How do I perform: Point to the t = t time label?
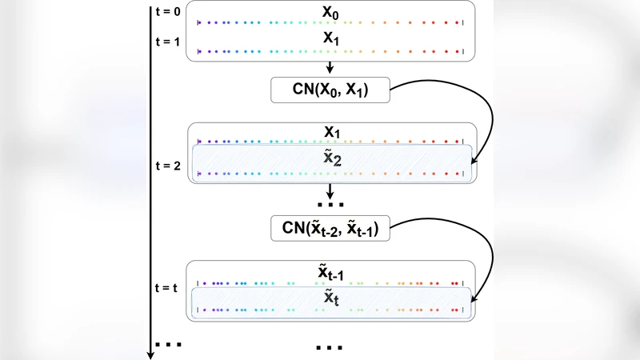coord(167,287)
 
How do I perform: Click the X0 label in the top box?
coord(330,13)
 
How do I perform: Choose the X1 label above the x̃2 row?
coord(330,130)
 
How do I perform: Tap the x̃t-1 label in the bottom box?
coord(330,274)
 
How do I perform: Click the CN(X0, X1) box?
coord(330,90)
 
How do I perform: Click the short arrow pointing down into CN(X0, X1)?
coord(330,68)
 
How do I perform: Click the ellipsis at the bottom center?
coord(330,347)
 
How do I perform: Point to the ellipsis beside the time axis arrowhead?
coord(169,344)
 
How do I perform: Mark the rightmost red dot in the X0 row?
coord(456,23)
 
